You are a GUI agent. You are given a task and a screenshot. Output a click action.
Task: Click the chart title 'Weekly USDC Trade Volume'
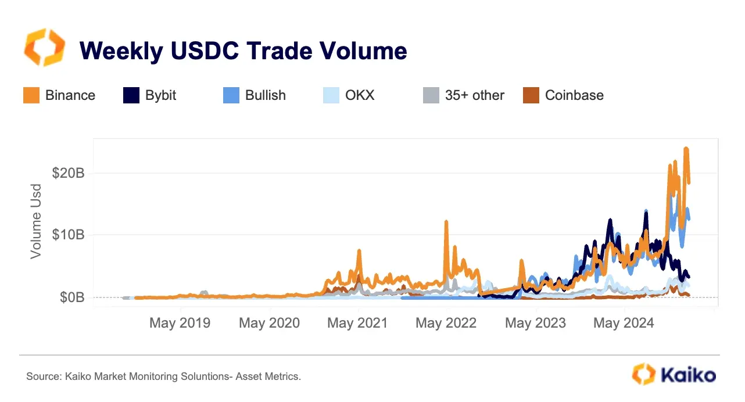click(x=243, y=51)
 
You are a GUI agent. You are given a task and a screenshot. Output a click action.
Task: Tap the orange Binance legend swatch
click(x=31, y=95)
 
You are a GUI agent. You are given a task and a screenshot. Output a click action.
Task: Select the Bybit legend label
click(x=161, y=95)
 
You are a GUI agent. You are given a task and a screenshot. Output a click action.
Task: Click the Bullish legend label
click(x=266, y=95)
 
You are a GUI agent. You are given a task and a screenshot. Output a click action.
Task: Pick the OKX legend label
click(x=360, y=95)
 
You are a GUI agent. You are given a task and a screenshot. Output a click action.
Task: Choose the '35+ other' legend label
click(x=475, y=95)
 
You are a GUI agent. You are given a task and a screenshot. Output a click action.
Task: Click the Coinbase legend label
click(x=574, y=95)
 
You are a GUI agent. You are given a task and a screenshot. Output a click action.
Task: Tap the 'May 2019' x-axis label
click(x=180, y=323)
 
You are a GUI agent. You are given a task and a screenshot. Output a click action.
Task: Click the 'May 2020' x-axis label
click(x=269, y=323)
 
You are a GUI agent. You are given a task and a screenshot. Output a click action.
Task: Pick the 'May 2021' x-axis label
click(x=357, y=323)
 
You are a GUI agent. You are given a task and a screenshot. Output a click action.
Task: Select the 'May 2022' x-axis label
click(x=446, y=323)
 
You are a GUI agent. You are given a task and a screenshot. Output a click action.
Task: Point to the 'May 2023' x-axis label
click(x=535, y=323)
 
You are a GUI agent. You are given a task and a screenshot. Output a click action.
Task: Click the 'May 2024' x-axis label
click(x=624, y=323)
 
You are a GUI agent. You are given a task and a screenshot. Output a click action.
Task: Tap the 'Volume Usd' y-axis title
click(x=36, y=221)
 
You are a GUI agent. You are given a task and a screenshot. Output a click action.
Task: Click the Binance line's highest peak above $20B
click(x=686, y=149)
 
